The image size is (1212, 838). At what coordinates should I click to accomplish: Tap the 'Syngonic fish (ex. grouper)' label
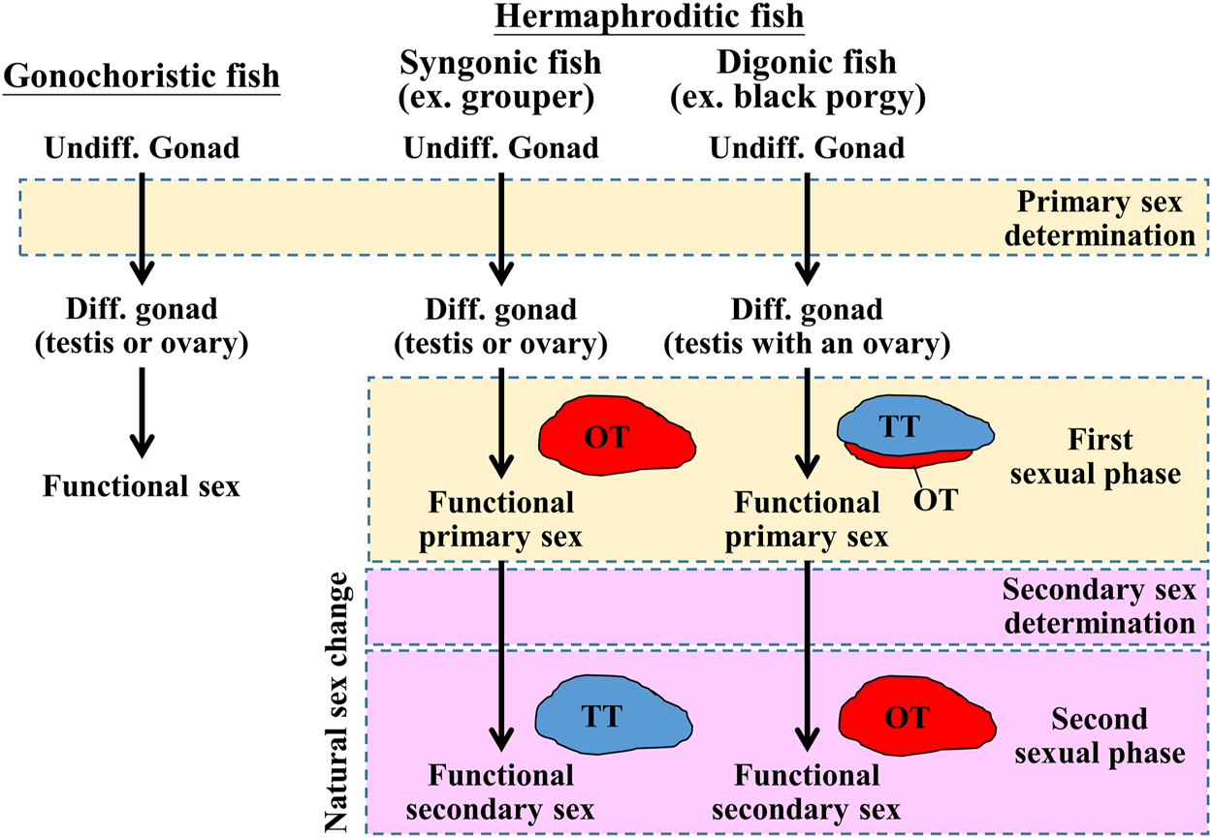pyautogui.click(x=500, y=81)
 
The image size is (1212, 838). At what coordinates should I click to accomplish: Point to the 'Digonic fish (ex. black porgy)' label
pyautogui.click(x=806, y=81)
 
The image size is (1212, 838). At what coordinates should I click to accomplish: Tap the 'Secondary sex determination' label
pyautogui.click(x=1100, y=606)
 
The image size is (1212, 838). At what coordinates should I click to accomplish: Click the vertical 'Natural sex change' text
pyautogui.click(x=340, y=702)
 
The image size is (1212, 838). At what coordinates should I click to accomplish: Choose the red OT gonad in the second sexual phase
pyautogui.click(x=916, y=718)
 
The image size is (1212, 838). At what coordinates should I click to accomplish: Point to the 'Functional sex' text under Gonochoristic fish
pyautogui.click(x=142, y=484)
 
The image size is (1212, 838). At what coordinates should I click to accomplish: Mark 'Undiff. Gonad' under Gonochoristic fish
pyautogui.click(x=142, y=149)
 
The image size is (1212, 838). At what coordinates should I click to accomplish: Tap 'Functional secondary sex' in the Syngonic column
pyautogui.click(x=500, y=791)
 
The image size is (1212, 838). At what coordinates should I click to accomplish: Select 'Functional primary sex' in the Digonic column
pyautogui.click(x=806, y=519)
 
